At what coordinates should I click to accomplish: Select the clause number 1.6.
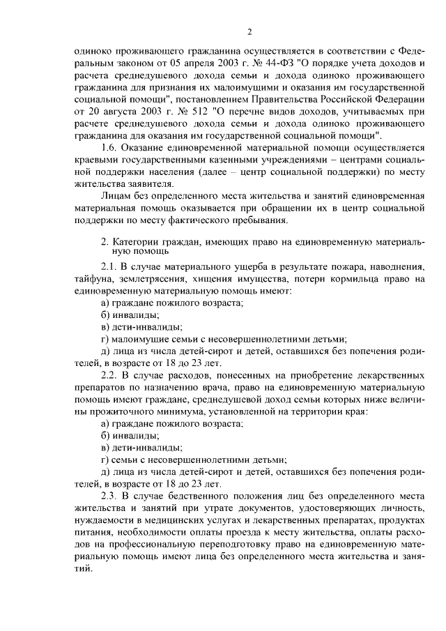[110, 147]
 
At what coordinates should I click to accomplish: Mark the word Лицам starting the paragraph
[116, 197]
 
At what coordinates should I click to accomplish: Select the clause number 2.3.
[111, 496]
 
